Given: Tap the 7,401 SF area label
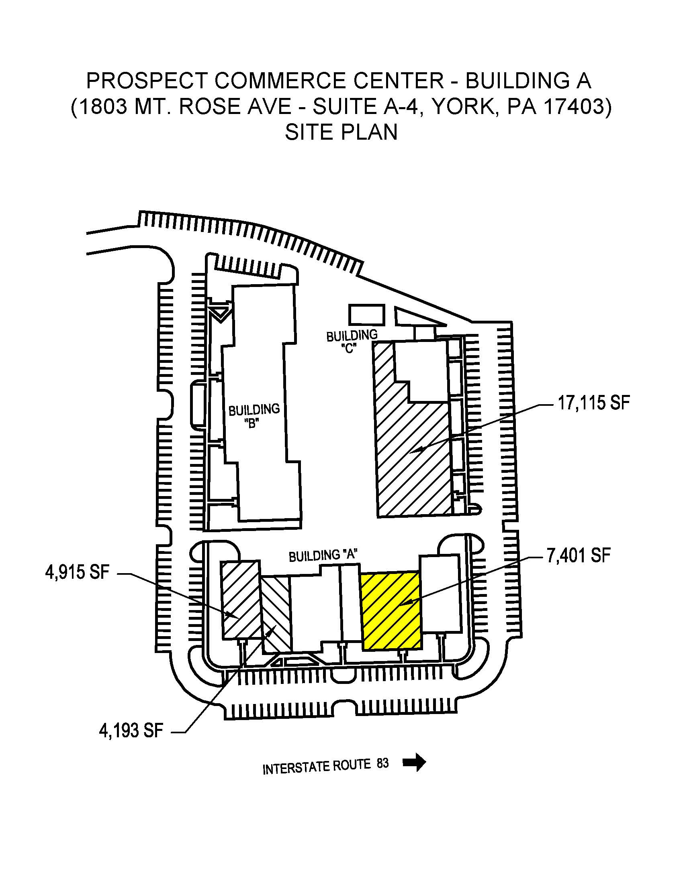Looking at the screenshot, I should [x=578, y=555].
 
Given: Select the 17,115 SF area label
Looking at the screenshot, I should [x=593, y=403].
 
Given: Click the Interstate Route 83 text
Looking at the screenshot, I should [x=325, y=766].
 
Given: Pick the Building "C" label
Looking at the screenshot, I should [x=351, y=341].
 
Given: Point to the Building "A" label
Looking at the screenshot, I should [x=323, y=555].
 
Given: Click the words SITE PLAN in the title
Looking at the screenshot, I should [x=341, y=132].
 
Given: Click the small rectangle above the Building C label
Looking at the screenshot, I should [x=366, y=315].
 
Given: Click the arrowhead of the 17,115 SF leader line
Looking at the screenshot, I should [x=421, y=449].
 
